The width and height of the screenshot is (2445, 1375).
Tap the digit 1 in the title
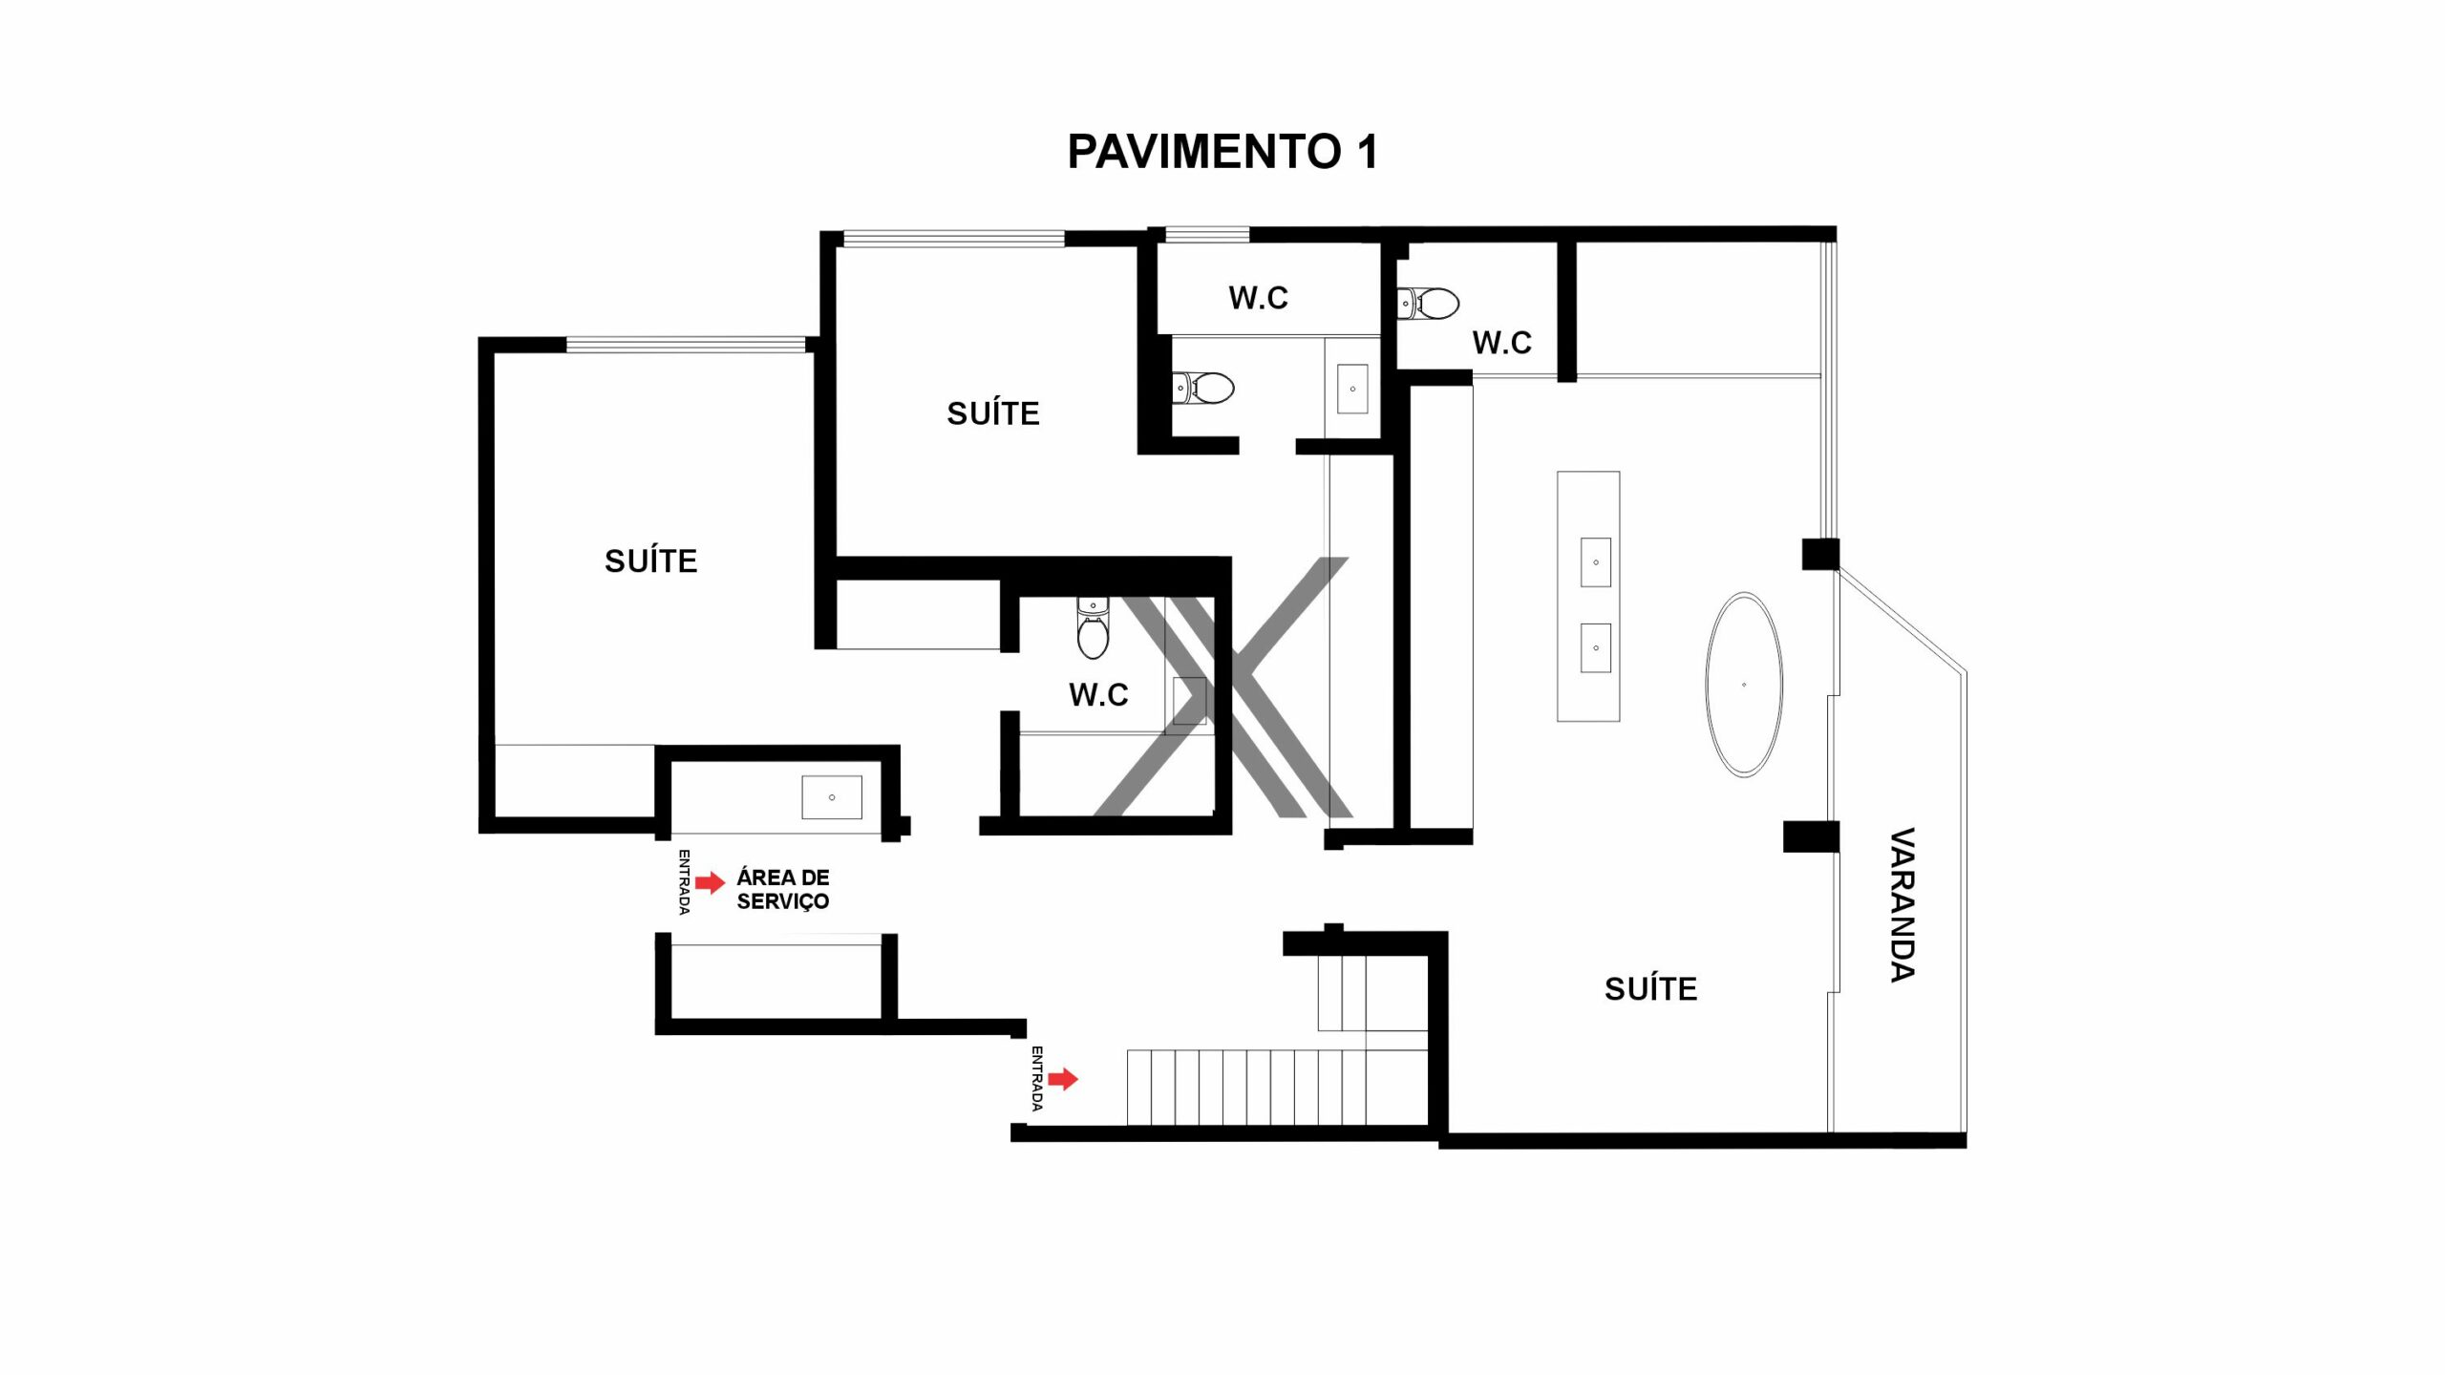pos(1367,151)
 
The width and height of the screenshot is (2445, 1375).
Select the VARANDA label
pos(1903,904)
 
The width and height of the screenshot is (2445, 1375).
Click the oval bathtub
pos(1744,685)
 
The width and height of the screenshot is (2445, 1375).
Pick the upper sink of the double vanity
pos(1595,562)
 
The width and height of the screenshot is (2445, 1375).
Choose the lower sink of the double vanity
pos(1595,647)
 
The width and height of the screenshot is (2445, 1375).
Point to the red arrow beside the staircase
pos(1063,1079)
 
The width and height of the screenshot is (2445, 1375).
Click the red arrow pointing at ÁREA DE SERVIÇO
pos(710,882)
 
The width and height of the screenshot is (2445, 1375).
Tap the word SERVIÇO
pos(783,901)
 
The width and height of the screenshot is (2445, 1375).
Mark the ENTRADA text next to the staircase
pos(1036,1078)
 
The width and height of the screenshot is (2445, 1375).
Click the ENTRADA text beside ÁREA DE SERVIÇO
pos(684,882)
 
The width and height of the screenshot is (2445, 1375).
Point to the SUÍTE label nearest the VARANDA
pos(1650,988)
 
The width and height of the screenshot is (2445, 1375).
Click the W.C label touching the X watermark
pos(1098,694)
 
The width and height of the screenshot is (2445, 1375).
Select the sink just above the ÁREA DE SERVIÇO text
pos(831,797)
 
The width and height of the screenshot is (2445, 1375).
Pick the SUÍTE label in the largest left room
pos(650,561)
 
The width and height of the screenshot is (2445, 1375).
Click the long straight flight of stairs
pos(1277,1088)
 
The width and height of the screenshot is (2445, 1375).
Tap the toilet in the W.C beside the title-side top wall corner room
pos(1428,304)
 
